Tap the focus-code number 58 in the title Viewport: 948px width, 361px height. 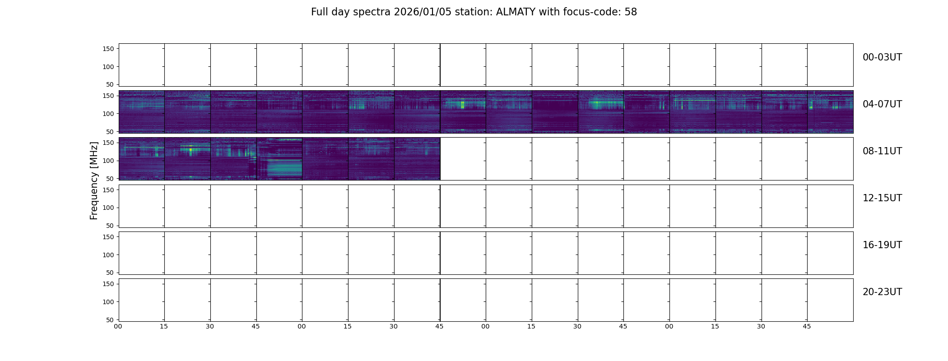pos(631,12)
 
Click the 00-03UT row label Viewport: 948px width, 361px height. pos(882,57)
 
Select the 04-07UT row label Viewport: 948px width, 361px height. pos(882,104)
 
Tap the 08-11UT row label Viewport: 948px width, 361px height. pos(882,151)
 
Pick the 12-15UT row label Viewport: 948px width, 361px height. pos(882,198)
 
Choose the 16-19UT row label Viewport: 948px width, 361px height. pos(882,245)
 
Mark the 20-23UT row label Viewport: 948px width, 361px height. pos(882,292)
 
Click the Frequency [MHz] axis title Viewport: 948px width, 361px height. pos(94,180)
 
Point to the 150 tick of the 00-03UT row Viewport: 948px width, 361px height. pos(108,49)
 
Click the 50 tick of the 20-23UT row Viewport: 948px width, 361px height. pos(110,320)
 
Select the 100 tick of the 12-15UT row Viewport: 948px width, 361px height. pos(108,208)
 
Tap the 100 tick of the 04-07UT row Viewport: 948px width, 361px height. pos(108,114)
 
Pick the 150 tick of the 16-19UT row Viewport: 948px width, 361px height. pos(108,237)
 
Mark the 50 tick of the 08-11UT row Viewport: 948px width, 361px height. pos(110,179)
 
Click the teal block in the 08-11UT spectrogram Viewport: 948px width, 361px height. pos(284,169)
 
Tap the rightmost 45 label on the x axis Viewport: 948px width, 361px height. pos(807,326)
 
